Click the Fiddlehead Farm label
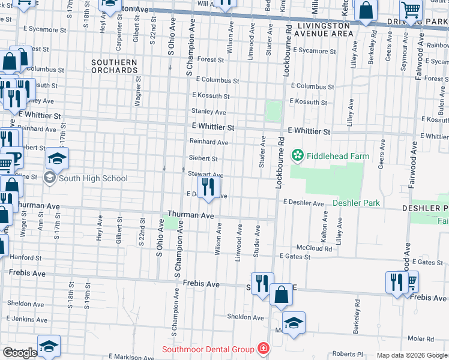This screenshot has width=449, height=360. coord(337,156)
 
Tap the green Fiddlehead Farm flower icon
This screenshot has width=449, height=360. coord(297,156)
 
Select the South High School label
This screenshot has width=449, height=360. coord(93,178)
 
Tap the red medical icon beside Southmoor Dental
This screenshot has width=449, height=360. coord(262,348)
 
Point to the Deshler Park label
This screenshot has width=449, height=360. coord(356,203)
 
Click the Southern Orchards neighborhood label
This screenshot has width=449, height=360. coord(115,66)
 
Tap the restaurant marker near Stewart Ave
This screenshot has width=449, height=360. coord(208,187)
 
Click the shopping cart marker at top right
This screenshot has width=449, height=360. coord(411,10)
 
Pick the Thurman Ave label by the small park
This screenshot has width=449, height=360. coord(191,215)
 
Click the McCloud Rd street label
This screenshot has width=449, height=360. coord(314,248)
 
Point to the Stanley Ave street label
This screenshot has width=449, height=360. coord(208,112)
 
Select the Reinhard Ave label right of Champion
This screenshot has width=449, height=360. coord(209,142)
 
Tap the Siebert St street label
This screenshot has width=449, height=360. coord(203,158)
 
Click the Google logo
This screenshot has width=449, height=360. coord(20,353)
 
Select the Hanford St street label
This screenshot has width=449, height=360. coord(25,257)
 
